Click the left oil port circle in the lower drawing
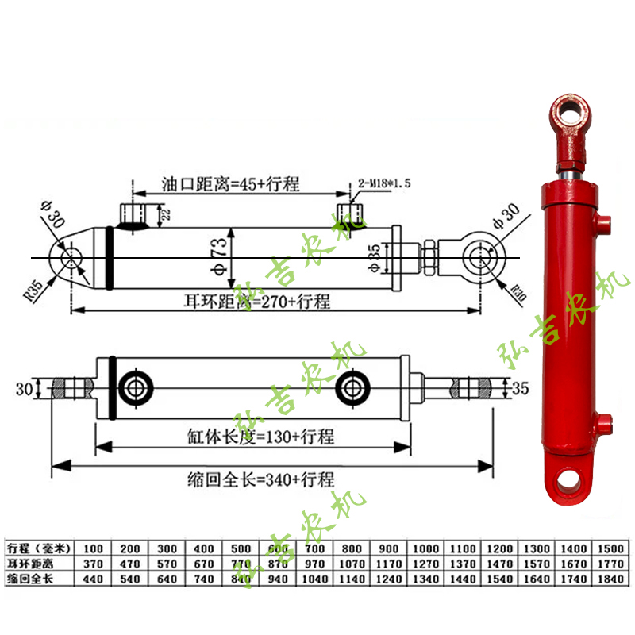point(132,388)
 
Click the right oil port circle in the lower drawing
point(351,388)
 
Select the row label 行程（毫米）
point(39,548)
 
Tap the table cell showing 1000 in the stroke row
point(425,548)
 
